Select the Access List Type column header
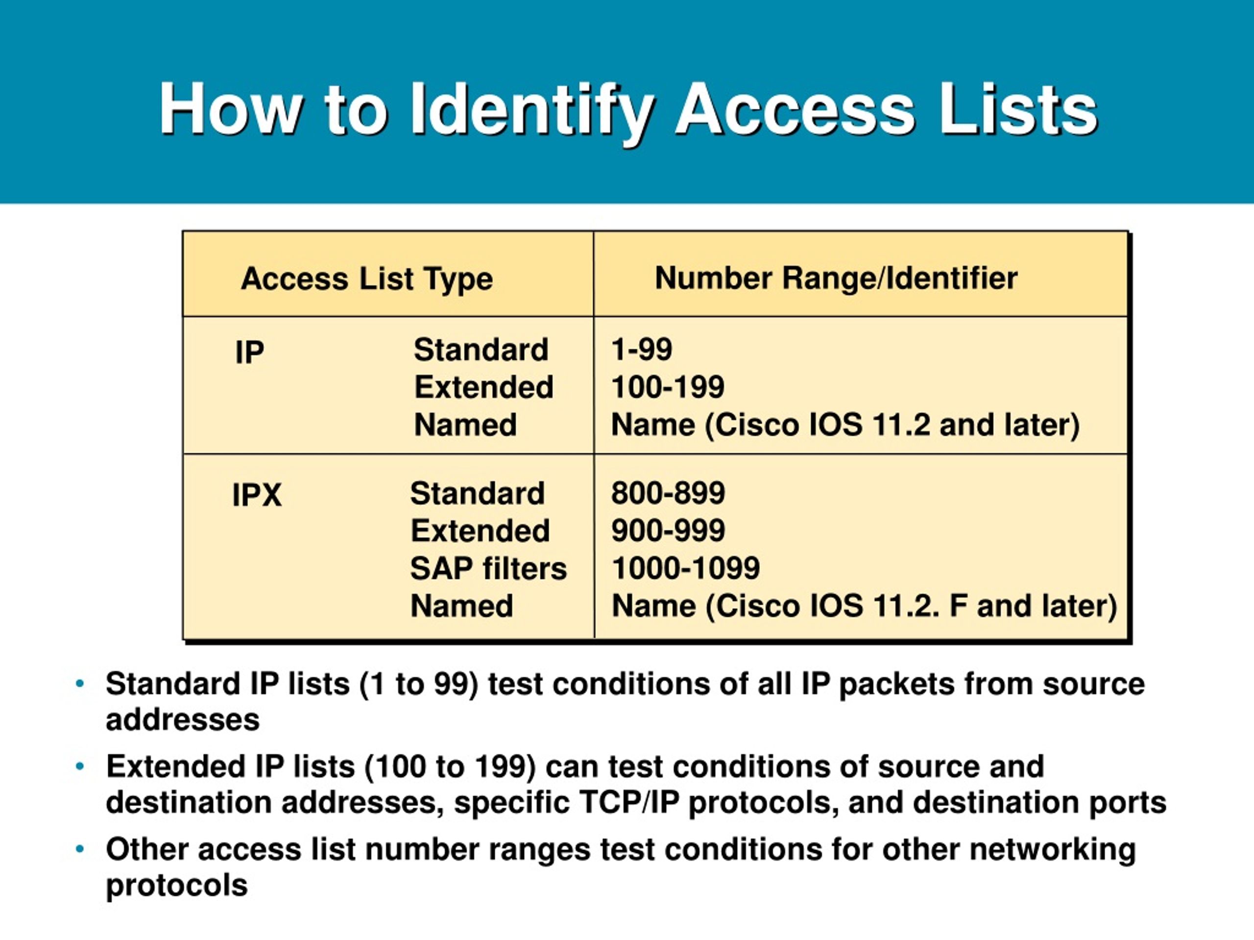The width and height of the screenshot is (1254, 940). [x=367, y=278]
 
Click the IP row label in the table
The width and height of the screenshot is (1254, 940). [x=249, y=352]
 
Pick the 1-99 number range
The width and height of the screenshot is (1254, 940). [x=641, y=349]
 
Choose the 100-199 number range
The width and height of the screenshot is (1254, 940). [x=667, y=387]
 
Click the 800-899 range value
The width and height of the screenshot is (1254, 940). [x=668, y=493]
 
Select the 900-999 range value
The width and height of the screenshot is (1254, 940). [x=668, y=530]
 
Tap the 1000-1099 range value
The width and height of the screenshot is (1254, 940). [x=685, y=568]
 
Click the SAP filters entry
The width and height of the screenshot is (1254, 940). [x=488, y=568]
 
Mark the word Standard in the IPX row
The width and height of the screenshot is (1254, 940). [x=477, y=493]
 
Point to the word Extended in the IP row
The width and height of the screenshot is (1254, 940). [x=483, y=387]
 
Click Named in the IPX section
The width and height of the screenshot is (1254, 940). [x=461, y=606]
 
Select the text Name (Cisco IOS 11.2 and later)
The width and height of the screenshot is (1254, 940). [x=844, y=425]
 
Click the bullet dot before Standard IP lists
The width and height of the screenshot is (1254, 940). [x=80, y=684]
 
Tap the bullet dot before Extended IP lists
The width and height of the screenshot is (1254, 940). [x=80, y=767]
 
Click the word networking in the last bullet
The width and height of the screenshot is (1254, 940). [x=1052, y=849]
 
